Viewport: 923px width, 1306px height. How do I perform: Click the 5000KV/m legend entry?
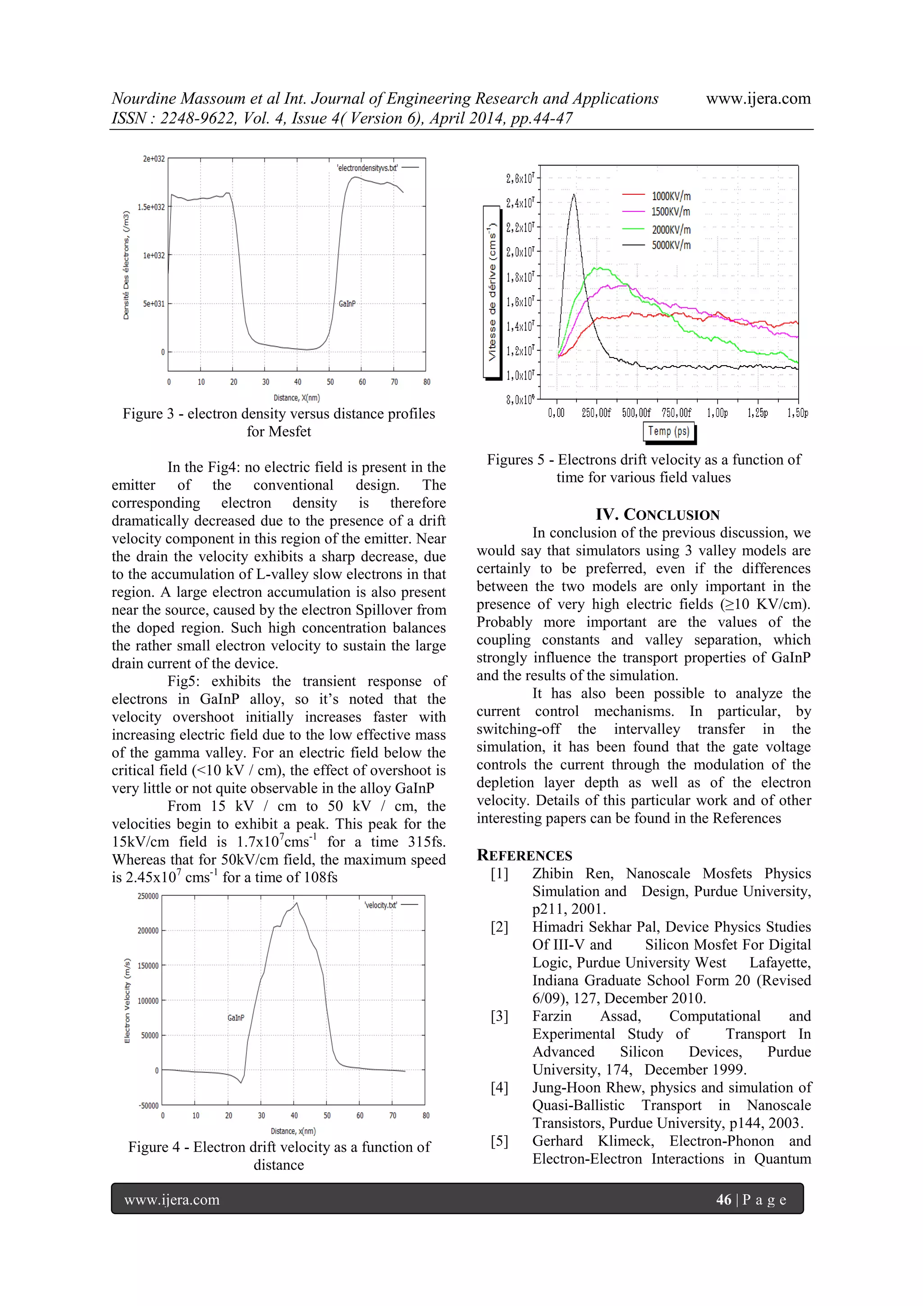(x=671, y=245)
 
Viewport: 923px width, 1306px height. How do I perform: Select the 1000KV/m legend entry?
(x=671, y=196)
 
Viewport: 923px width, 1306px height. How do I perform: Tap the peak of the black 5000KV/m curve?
(x=573, y=195)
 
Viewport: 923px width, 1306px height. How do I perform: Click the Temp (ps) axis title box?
(x=668, y=431)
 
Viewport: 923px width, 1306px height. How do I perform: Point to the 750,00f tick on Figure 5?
(x=676, y=413)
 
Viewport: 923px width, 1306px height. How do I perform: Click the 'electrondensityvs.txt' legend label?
(x=367, y=168)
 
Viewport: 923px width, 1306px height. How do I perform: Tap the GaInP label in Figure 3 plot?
(x=347, y=304)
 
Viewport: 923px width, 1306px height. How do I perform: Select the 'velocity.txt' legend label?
(x=380, y=905)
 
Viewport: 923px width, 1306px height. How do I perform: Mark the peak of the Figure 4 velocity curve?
(x=296, y=903)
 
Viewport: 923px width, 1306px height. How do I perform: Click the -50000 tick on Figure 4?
(x=148, y=1106)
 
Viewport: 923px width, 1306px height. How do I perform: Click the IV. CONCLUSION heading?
(x=658, y=515)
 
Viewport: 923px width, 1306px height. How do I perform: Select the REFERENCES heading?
(x=524, y=856)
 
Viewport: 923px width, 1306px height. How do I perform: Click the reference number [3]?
(x=499, y=1017)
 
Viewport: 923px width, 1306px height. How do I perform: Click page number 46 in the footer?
(x=723, y=1200)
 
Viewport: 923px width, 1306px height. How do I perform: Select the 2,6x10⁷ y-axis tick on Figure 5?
(x=520, y=179)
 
